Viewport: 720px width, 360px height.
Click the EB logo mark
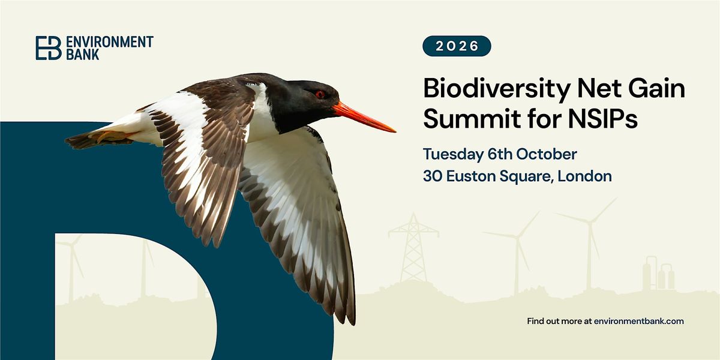click(49, 48)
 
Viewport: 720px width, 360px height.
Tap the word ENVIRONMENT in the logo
click(110, 42)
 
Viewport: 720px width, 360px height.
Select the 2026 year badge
click(457, 46)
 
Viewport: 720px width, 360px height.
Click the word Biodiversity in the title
click(497, 89)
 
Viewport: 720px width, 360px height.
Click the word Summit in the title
click(472, 119)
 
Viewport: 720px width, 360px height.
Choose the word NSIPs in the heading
click(602, 119)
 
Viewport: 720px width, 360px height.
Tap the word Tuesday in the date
click(453, 154)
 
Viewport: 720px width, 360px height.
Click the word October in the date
click(547, 154)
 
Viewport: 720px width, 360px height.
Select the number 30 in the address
click(433, 176)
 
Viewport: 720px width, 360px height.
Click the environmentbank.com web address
click(638, 321)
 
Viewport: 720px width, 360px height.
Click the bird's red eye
click(320, 94)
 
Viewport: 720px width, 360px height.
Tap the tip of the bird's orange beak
click(395, 131)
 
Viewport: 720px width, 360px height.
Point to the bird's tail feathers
click(83, 141)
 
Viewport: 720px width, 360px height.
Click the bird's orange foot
click(109, 136)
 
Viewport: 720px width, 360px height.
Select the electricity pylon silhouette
click(413, 247)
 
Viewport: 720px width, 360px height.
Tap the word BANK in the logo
click(83, 55)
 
